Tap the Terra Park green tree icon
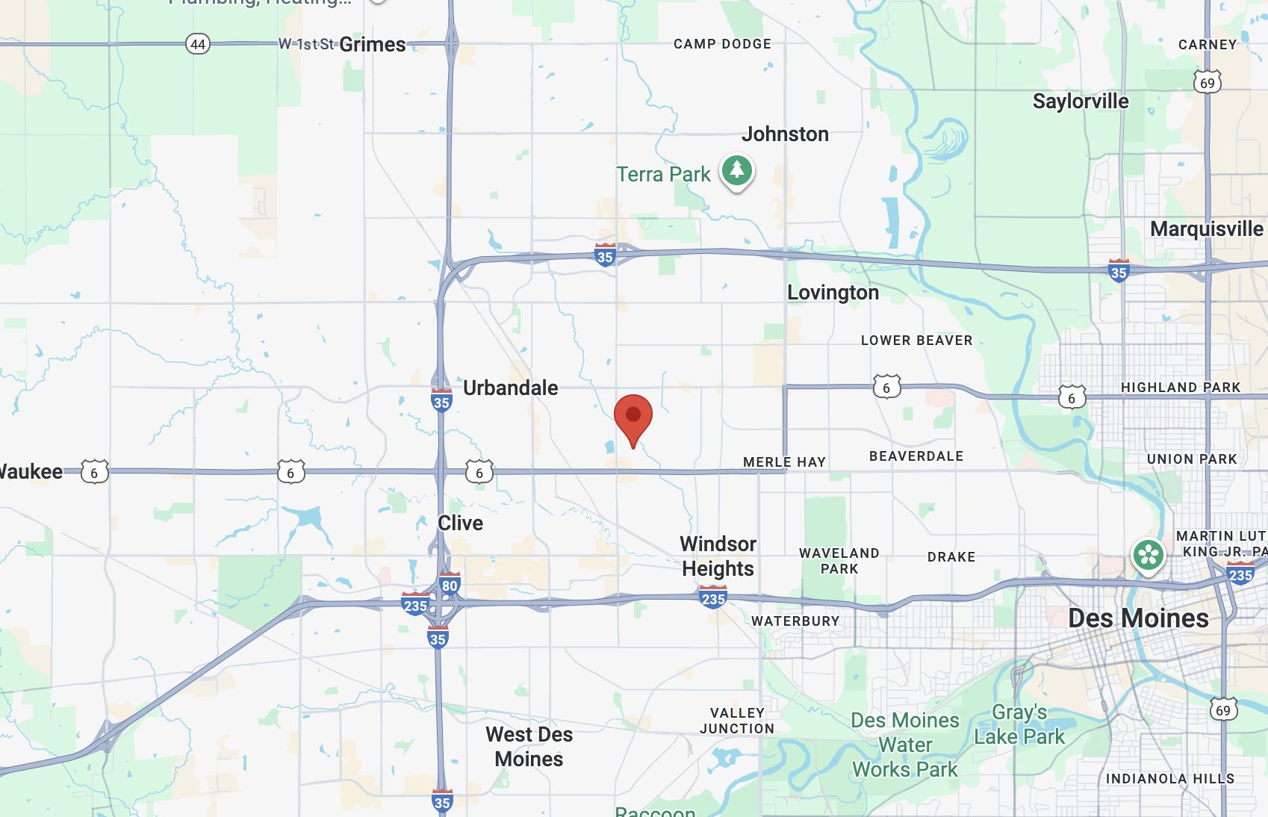(x=737, y=171)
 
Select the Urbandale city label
(x=511, y=388)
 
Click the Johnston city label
(x=785, y=134)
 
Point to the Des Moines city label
(x=1138, y=618)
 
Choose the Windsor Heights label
(x=718, y=556)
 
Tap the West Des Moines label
(x=529, y=747)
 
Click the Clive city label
(x=460, y=524)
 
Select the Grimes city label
(x=373, y=45)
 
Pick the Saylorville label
(x=1081, y=102)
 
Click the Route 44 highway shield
(x=198, y=44)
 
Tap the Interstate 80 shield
(x=450, y=585)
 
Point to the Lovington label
(x=833, y=293)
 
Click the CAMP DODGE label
(x=722, y=44)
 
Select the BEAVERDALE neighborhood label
(x=916, y=456)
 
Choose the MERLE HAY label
(x=784, y=462)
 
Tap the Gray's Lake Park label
(x=1019, y=724)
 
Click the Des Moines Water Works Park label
(x=905, y=745)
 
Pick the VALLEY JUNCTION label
(x=737, y=721)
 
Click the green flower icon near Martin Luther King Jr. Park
(x=1148, y=555)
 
